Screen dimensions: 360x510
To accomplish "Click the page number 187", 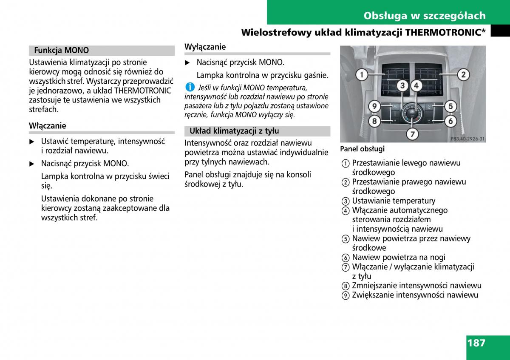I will click(476, 343).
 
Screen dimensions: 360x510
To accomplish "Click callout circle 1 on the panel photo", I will click(361, 75).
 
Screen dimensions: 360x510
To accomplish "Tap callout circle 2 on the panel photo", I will click(463, 75).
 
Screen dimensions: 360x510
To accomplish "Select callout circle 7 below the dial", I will click(411, 134).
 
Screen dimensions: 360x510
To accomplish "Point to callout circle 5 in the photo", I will click(450, 106).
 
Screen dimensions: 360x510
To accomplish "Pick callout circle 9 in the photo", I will click(374, 106).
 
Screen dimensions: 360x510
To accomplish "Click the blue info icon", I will click(190, 87).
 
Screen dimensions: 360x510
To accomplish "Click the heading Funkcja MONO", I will click(62, 51).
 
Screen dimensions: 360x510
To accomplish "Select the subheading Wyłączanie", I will click(205, 47).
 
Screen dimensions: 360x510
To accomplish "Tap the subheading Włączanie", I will click(48, 126).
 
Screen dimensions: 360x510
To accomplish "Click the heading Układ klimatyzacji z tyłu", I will click(234, 131).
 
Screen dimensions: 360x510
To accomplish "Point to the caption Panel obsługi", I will click(362, 149).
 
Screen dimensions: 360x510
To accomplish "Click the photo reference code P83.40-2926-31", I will click(467, 139).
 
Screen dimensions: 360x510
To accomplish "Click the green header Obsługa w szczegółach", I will click(424, 16).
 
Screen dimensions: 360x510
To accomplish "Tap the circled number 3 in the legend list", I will click(346, 201).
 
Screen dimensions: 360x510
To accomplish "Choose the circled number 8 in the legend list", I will click(346, 286).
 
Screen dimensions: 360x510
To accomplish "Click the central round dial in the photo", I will click(412, 114).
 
